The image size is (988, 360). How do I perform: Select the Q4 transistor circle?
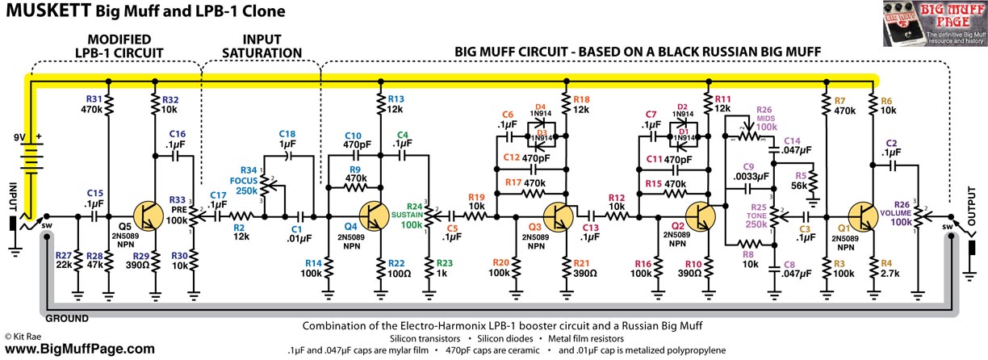375,216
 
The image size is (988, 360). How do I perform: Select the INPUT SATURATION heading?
260,45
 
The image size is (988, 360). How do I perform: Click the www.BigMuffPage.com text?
80,349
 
